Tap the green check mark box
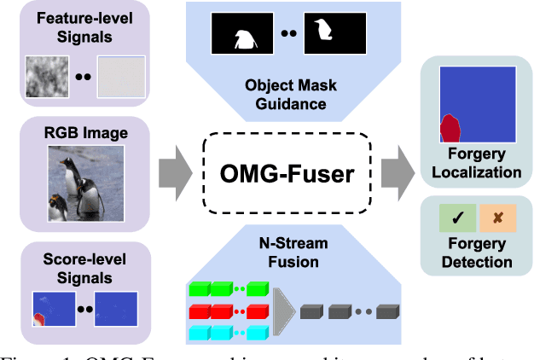(458, 218)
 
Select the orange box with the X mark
(496, 218)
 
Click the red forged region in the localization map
(449, 128)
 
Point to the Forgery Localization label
(476, 163)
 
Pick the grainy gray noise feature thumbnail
(53, 76)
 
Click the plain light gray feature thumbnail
(114, 76)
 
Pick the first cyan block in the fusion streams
(198, 332)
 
